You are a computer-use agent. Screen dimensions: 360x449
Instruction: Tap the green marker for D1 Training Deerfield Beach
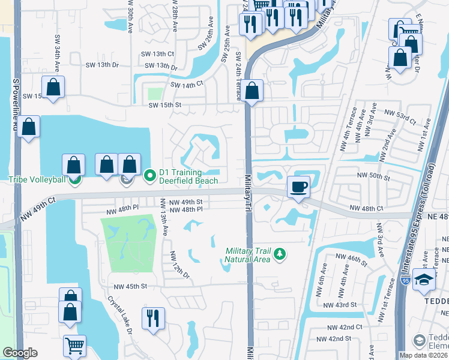point(150,175)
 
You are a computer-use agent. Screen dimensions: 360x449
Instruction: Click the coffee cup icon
point(299,187)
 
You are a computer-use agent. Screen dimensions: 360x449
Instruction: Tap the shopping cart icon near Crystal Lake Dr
point(74,346)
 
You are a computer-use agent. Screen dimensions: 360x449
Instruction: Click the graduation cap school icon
point(424,280)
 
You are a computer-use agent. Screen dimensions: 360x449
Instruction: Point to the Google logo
point(20,353)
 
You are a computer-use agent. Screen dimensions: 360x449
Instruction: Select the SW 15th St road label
point(165,106)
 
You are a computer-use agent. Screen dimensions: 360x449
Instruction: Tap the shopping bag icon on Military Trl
point(253,91)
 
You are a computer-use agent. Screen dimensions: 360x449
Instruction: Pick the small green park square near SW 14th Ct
point(155,94)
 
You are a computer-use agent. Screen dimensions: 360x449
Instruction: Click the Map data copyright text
point(422,355)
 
